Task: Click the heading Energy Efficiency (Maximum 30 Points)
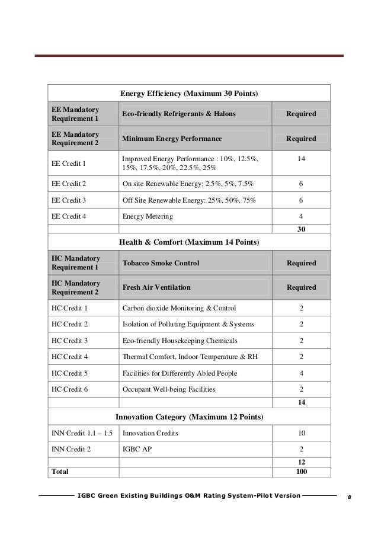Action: [189, 94]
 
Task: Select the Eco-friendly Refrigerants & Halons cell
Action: [179, 114]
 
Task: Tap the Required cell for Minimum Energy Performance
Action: [301, 139]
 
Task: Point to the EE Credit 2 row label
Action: [69, 184]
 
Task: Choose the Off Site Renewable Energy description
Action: [189, 200]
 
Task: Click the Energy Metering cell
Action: [148, 217]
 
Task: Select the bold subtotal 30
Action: [301, 229]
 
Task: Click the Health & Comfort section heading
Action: [189, 242]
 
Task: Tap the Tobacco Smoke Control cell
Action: [161, 262]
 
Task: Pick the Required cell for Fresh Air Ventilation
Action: [301, 288]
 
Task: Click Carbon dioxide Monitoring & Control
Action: [179, 308]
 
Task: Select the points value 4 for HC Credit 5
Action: [301, 373]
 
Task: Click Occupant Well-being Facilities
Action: [169, 389]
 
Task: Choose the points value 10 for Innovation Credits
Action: [301, 434]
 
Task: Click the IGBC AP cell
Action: [137, 450]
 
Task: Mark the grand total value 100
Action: [301, 472]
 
